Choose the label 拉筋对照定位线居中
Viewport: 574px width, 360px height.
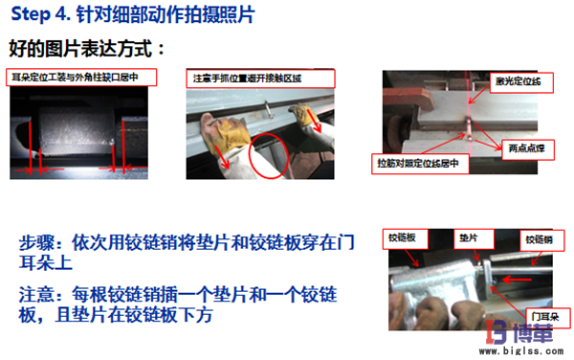click(422, 164)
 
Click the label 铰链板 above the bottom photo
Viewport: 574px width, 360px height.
click(403, 235)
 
